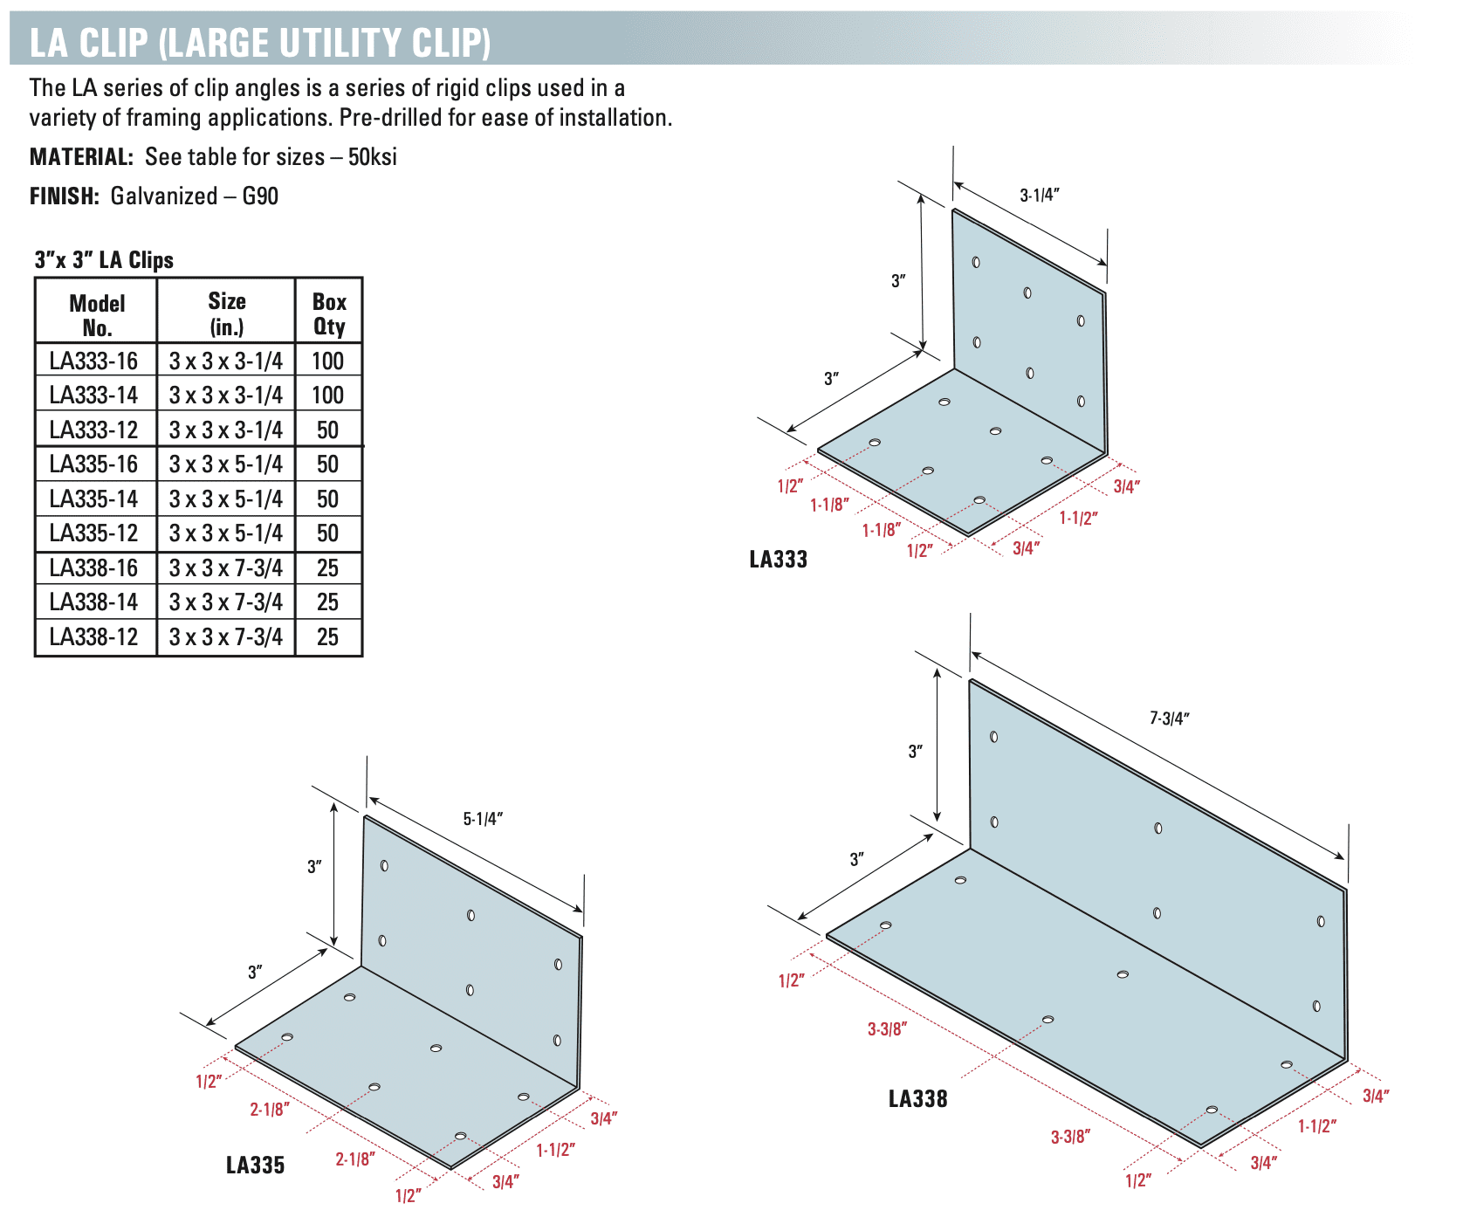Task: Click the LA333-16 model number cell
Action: click(x=95, y=361)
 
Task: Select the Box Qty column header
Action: click(x=329, y=313)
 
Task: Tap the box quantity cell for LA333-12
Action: click(x=328, y=430)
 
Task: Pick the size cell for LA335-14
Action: click(x=226, y=499)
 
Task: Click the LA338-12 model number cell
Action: click(x=95, y=636)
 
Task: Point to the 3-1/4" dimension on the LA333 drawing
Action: click(x=1040, y=195)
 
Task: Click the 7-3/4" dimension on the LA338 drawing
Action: click(x=1170, y=719)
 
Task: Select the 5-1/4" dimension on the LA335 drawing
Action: click(x=483, y=819)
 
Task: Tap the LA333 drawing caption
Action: click(x=779, y=559)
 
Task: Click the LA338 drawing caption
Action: click(x=918, y=1098)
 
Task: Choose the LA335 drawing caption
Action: click(x=256, y=1165)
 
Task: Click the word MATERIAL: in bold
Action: click(x=81, y=157)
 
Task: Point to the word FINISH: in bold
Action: click(x=65, y=196)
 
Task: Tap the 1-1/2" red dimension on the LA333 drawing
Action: click(x=1079, y=518)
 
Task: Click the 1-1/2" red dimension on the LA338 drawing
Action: click(x=1317, y=1125)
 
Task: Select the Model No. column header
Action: click(x=97, y=314)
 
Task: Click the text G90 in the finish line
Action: click(x=260, y=196)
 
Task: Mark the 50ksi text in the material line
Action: click(x=373, y=157)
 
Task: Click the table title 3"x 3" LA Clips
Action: click(x=104, y=259)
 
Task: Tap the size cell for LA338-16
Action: click(x=226, y=567)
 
